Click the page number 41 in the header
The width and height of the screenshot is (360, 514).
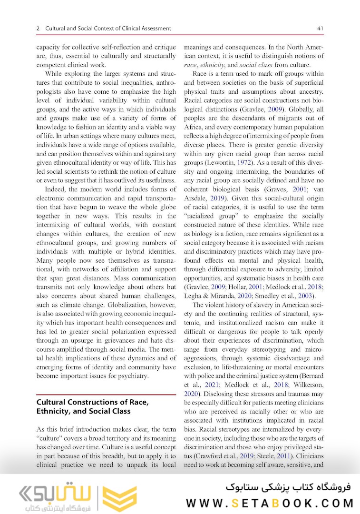[320, 29]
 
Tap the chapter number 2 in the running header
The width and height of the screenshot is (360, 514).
[38, 29]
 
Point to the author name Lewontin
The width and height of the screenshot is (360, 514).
[210, 163]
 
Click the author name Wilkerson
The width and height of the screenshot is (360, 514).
[308, 385]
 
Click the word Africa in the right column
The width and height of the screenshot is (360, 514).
[193, 127]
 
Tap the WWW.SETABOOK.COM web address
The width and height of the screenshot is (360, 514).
[269, 503]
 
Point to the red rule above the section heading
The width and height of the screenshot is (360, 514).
[107, 395]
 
